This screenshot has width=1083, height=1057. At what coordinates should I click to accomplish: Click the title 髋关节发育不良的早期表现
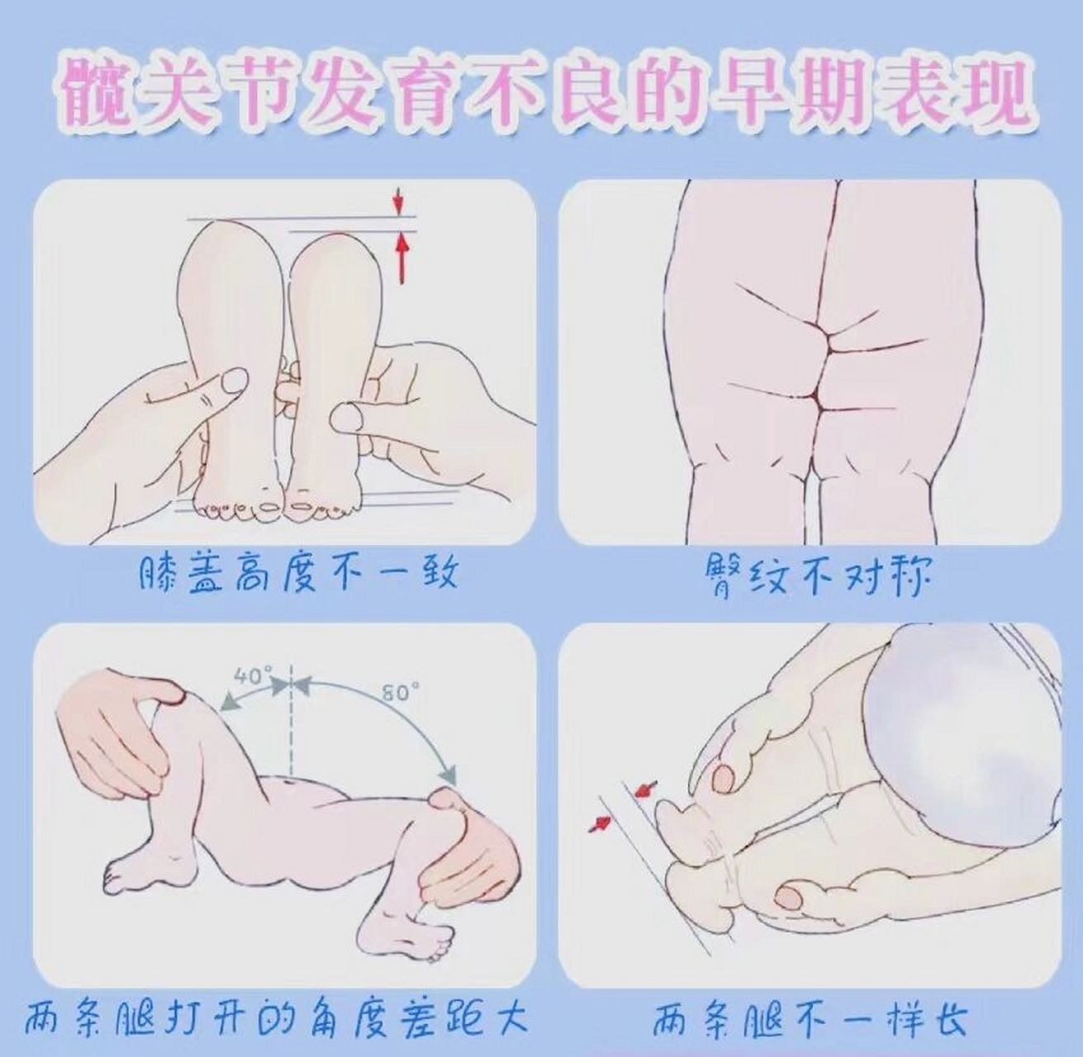pos(541,91)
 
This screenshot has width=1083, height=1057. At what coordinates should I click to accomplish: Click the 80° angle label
pos(397,692)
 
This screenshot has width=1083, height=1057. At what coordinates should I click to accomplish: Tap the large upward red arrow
pos(402,257)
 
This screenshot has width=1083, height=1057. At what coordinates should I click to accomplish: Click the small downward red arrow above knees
pos(398,201)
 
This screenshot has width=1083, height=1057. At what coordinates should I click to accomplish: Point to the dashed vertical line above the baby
pos(291,727)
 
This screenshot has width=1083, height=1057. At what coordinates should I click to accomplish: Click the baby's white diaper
pos(967,727)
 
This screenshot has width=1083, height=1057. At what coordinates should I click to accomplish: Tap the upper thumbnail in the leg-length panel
pos(725,776)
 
